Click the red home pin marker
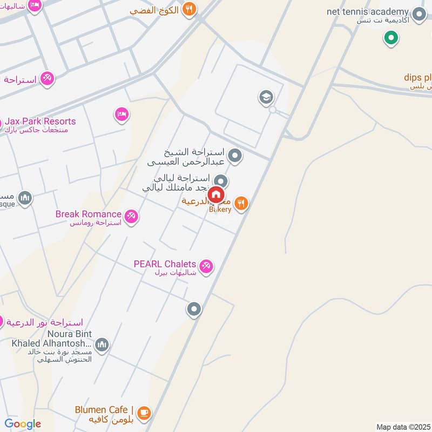216,194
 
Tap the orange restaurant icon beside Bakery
241,204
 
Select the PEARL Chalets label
165,264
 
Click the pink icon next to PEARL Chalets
206,266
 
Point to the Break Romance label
89,214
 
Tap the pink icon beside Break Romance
131,217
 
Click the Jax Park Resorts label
41,122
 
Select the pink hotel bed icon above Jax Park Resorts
122,114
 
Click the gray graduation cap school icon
266,98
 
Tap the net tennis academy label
368,11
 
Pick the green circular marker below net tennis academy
391,38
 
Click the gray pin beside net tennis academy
418,15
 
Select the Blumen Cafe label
102,410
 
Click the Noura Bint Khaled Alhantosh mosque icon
102,344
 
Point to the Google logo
22,424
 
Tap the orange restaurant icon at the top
188,9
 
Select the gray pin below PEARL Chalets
194,309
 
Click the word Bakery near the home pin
221,209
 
